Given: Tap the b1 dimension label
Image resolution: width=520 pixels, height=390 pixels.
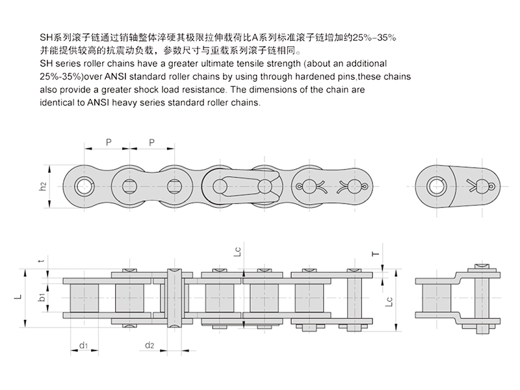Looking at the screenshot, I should [41, 297].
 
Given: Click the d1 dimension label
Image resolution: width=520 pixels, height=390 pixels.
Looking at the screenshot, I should [84, 344].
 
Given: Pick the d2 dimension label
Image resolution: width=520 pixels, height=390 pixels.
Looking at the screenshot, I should [149, 344].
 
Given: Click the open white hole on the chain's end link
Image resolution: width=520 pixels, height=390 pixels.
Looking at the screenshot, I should [83, 185].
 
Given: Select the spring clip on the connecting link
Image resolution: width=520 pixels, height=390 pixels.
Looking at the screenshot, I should [238, 185].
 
